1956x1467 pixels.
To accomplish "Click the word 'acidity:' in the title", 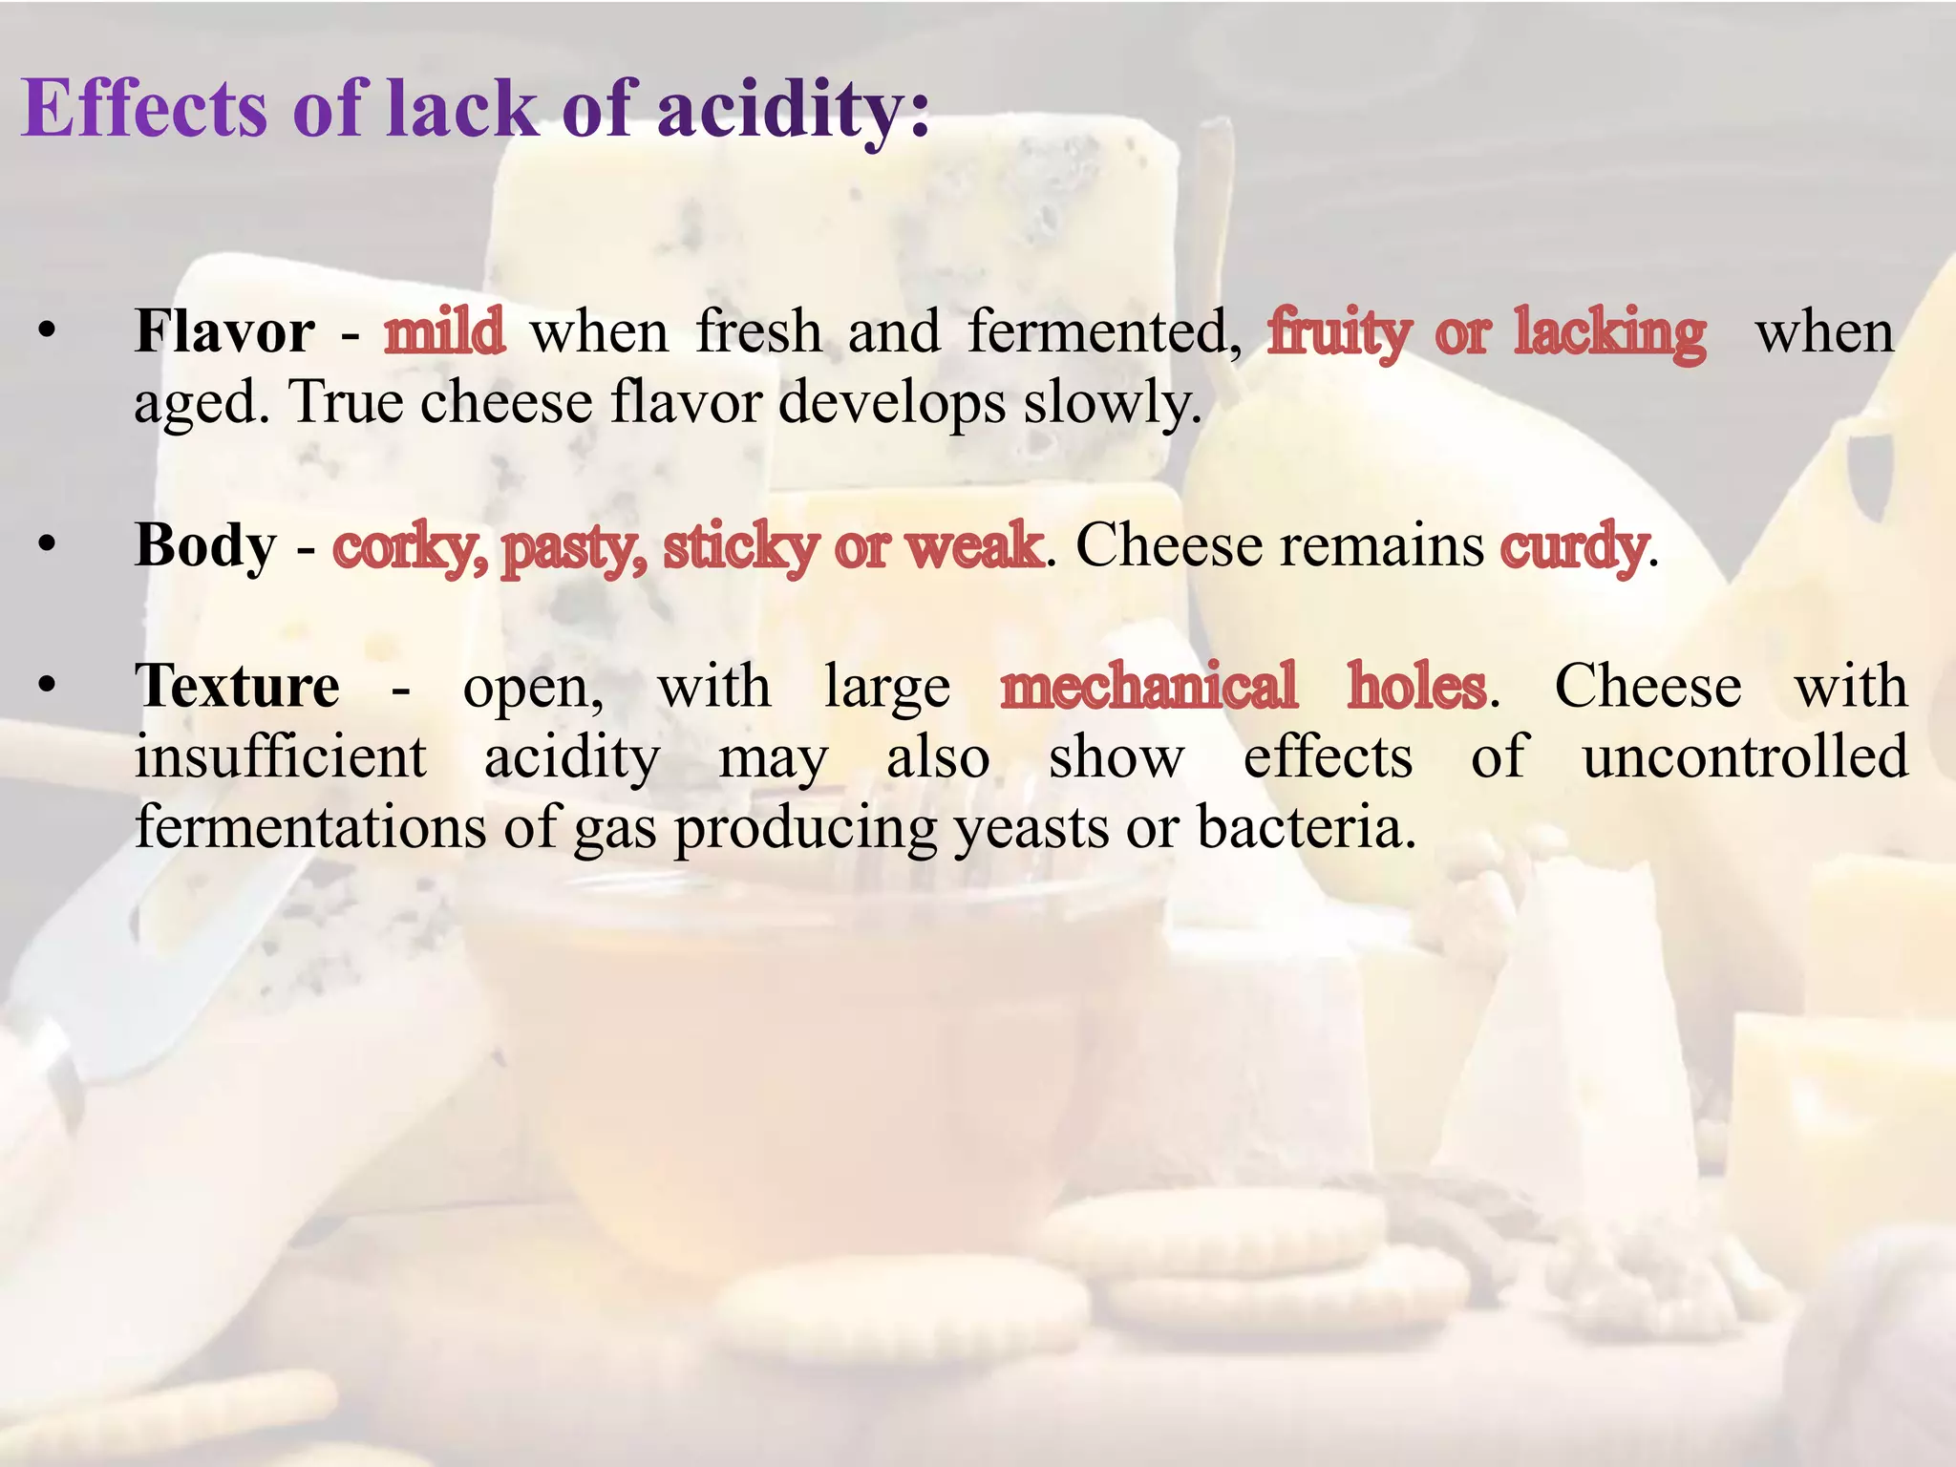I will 793,110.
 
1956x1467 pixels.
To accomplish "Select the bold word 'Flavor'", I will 224,332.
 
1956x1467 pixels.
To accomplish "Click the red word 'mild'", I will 444,332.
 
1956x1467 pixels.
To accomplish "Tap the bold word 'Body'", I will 205,546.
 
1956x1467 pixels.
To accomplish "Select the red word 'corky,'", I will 409,547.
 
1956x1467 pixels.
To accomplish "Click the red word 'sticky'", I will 740,547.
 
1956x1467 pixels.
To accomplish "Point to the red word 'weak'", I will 974,546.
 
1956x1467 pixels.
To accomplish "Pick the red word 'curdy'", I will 1574,547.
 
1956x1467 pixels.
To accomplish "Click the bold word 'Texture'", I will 237,686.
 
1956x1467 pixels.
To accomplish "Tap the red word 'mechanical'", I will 1149,686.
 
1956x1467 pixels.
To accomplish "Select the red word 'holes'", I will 1417,686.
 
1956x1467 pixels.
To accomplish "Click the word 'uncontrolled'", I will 1745,756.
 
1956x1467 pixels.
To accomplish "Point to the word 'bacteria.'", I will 1306,827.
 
